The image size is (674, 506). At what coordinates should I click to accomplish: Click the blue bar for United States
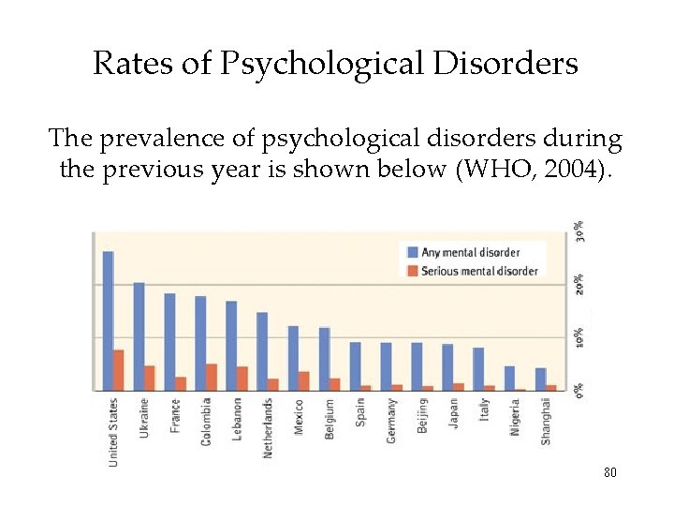[x=108, y=320]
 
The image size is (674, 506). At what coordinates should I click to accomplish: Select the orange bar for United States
[x=119, y=370]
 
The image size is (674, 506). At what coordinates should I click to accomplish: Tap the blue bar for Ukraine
[x=139, y=335]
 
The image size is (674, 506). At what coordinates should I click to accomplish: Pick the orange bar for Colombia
[x=212, y=377]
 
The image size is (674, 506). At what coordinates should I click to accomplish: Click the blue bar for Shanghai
[x=540, y=379]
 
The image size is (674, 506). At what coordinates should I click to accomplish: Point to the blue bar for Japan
[x=447, y=366]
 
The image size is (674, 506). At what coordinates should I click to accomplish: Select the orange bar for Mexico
[x=303, y=380]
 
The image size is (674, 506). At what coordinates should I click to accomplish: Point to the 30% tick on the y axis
[x=580, y=231]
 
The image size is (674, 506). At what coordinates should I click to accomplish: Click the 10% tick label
[x=580, y=337]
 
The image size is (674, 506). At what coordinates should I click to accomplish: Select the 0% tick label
[x=580, y=389]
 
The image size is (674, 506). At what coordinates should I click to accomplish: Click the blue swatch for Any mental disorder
[x=410, y=252]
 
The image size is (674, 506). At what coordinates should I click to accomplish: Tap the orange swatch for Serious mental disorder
[x=410, y=271]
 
